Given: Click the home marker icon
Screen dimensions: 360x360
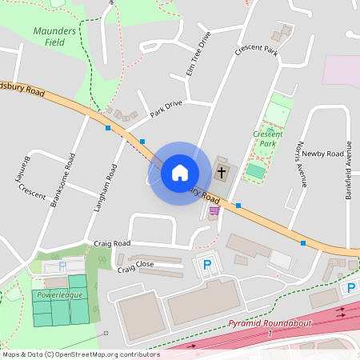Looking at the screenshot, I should point(179,173).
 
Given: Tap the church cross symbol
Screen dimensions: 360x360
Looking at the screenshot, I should point(222,172).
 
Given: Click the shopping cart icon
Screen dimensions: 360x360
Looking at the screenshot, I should point(214,211).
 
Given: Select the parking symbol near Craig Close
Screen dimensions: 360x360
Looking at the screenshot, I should point(206,265).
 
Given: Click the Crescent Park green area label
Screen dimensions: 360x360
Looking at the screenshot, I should point(267,138).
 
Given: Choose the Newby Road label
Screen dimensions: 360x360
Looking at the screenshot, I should point(322,153).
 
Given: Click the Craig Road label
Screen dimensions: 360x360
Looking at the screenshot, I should point(111,243).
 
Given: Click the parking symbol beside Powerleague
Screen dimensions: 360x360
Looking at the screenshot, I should point(62,266).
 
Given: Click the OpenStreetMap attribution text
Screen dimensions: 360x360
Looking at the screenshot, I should point(80,354).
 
